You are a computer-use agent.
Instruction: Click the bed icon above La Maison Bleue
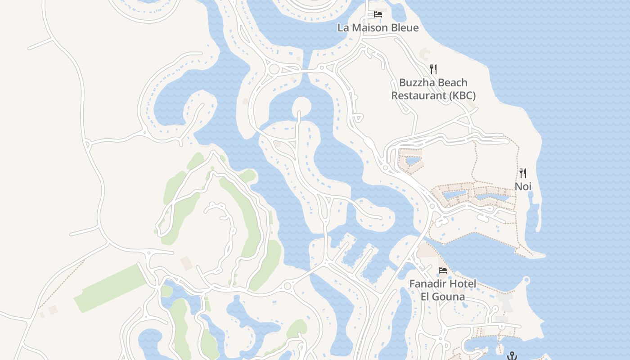[378, 14]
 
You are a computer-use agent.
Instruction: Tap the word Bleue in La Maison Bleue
[404, 28]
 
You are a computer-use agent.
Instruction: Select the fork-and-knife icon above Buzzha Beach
[433, 69]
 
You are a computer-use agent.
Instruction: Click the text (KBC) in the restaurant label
[459, 96]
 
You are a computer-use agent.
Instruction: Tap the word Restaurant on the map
[416, 96]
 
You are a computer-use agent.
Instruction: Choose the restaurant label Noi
[523, 186]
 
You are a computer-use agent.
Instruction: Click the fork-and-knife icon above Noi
[523, 173]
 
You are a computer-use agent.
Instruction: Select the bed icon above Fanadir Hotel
[443, 270]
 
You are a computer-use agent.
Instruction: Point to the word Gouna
[449, 297]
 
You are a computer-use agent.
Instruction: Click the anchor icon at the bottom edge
[512, 356]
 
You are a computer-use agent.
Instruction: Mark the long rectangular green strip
[111, 288]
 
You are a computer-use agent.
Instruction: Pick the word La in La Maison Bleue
[343, 28]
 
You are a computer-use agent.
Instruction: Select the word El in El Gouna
[426, 297]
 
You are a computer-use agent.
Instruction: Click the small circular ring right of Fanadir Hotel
[526, 281]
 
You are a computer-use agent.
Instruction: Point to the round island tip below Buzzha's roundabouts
[301, 107]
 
